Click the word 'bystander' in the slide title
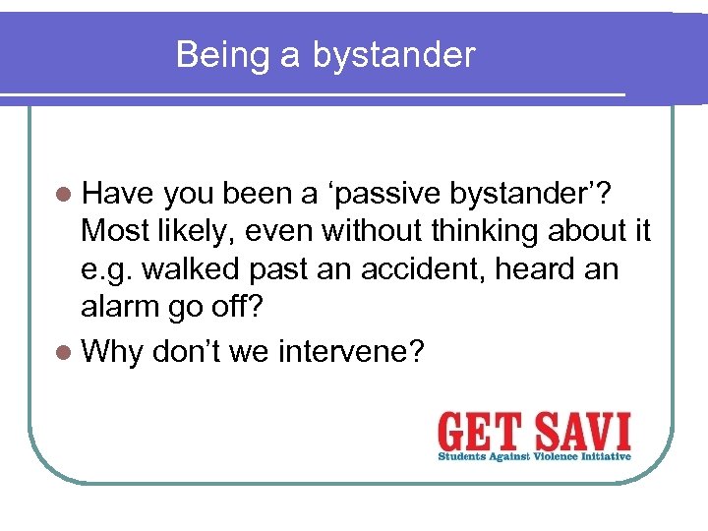click(x=394, y=56)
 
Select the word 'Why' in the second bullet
click(x=113, y=351)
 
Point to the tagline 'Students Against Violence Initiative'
click(x=534, y=455)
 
